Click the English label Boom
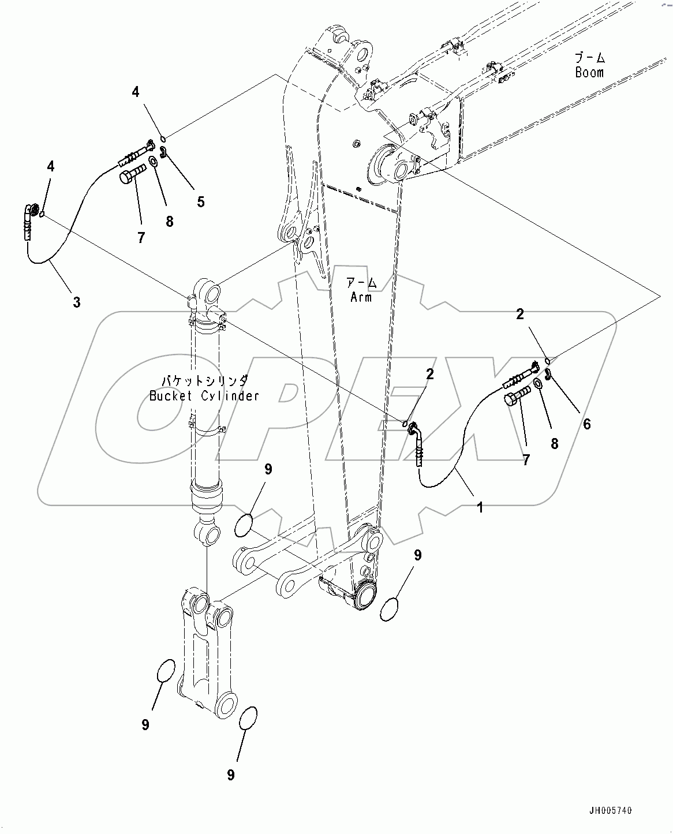[x=589, y=73]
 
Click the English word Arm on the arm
[x=361, y=297]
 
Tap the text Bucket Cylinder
[x=204, y=396]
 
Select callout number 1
[x=480, y=507]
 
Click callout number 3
[x=76, y=301]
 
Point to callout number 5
[x=200, y=201]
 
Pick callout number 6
[x=586, y=424]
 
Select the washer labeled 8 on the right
[x=537, y=385]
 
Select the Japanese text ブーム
[x=589, y=57]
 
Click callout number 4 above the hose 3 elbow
[x=51, y=167]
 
